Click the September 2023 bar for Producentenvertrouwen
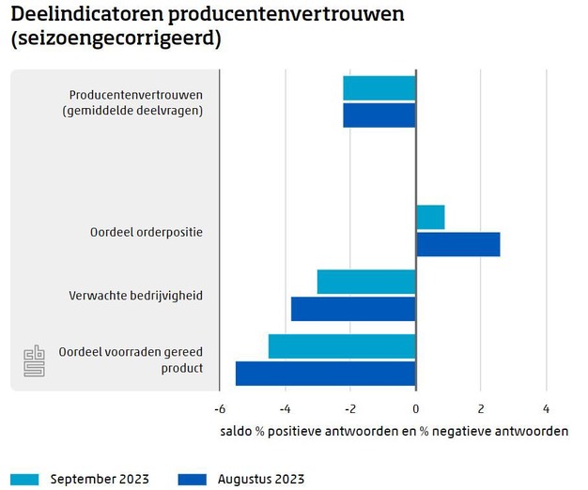tap(379, 88)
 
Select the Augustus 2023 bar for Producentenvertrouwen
tap(379, 115)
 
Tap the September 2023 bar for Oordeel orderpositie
tap(430, 217)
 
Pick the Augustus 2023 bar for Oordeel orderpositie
tap(457, 244)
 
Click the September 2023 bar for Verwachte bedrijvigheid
tap(366, 282)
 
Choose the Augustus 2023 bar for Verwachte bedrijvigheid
tap(353, 309)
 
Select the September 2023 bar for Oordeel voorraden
tap(342, 346)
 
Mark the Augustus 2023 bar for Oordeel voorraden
tap(326, 374)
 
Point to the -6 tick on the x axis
tap(219, 409)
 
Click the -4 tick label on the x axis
tap(285, 409)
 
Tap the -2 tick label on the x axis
tap(349, 409)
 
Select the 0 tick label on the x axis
tap(416, 409)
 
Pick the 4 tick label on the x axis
tap(546, 409)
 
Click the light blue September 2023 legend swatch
tap(25, 479)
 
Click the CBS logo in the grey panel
tap(34, 360)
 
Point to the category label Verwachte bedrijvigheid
tap(136, 296)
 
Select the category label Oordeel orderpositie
tap(147, 232)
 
